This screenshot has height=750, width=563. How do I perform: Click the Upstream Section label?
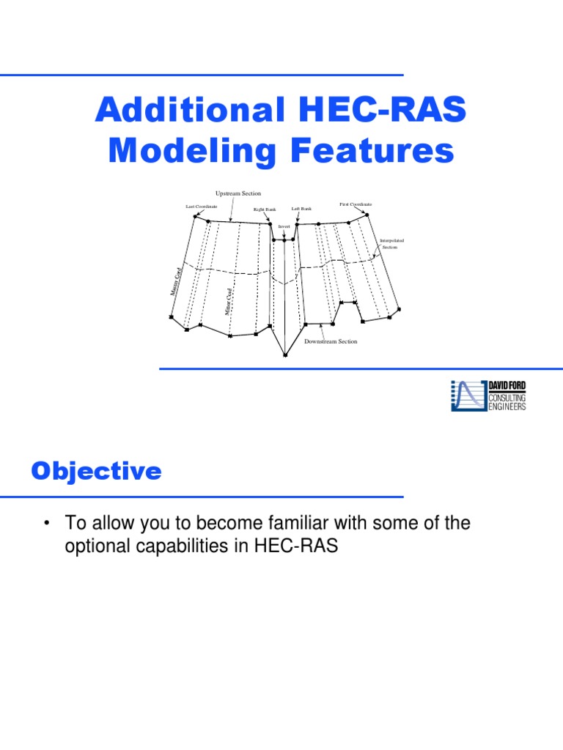[x=238, y=193]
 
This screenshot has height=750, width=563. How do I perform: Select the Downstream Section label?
[x=331, y=342]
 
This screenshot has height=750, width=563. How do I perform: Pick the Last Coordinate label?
[x=202, y=207]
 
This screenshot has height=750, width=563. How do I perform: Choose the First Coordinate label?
[x=356, y=204]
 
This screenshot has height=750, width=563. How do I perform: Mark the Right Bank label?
[x=265, y=209]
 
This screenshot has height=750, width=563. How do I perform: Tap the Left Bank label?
[x=301, y=209]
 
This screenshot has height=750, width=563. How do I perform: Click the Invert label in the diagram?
[x=284, y=227]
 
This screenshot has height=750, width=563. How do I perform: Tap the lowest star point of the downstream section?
[x=285, y=355]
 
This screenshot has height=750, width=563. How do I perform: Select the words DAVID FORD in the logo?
[x=507, y=386]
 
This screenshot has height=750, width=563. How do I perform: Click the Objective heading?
[x=96, y=472]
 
